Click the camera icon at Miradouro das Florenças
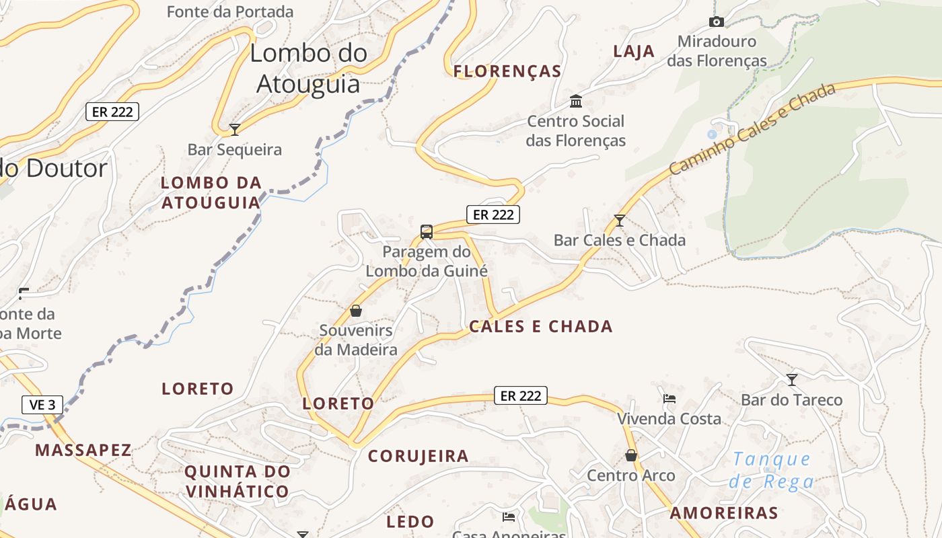[x=717, y=22]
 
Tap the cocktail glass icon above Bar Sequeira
[x=235, y=129]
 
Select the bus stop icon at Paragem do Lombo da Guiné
[x=426, y=232]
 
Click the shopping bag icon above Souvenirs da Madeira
[x=356, y=311]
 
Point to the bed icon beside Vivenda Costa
[x=669, y=399]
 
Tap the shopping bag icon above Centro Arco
[x=631, y=455]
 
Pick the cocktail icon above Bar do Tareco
[x=792, y=380]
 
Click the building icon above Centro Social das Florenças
[x=576, y=102]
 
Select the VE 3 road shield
[x=42, y=405]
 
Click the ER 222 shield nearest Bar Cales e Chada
[x=493, y=215]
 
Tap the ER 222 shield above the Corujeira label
[x=521, y=396]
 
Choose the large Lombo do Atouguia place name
[x=309, y=69]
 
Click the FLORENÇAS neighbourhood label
[x=507, y=71]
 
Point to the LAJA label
[x=634, y=51]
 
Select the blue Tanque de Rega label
[x=772, y=470]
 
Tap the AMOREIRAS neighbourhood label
[x=724, y=513]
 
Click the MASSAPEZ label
[x=83, y=450]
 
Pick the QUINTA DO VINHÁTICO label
[x=238, y=482]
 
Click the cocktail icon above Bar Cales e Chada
[x=620, y=220]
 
